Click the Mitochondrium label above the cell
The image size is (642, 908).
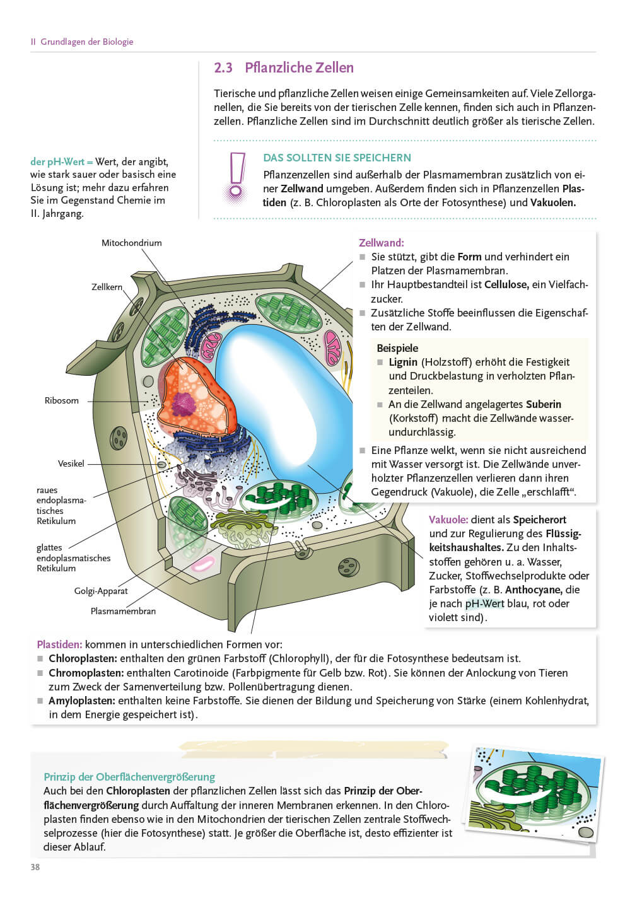(131, 243)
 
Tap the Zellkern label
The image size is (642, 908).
(107, 287)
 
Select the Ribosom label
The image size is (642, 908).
(62, 400)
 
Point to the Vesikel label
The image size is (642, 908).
(71, 463)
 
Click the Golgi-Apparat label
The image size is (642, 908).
(101, 591)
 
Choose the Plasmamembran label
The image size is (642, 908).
(123, 611)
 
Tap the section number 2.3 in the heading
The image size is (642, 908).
(223, 68)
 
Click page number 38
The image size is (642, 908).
(35, 867)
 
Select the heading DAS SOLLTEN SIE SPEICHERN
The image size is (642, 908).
(337, 158)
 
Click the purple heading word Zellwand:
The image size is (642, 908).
(382, 243)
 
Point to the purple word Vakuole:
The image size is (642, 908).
(448, 520)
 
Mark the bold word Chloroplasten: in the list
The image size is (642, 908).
(83, 659)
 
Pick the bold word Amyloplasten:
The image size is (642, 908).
(82, 701)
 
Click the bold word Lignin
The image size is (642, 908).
(403, 362)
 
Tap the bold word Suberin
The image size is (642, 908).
(544, 404)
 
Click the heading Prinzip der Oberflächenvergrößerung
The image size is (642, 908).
(129, 777)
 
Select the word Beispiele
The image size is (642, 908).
(397, 348)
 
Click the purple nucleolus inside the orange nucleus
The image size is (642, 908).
(184, 403)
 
